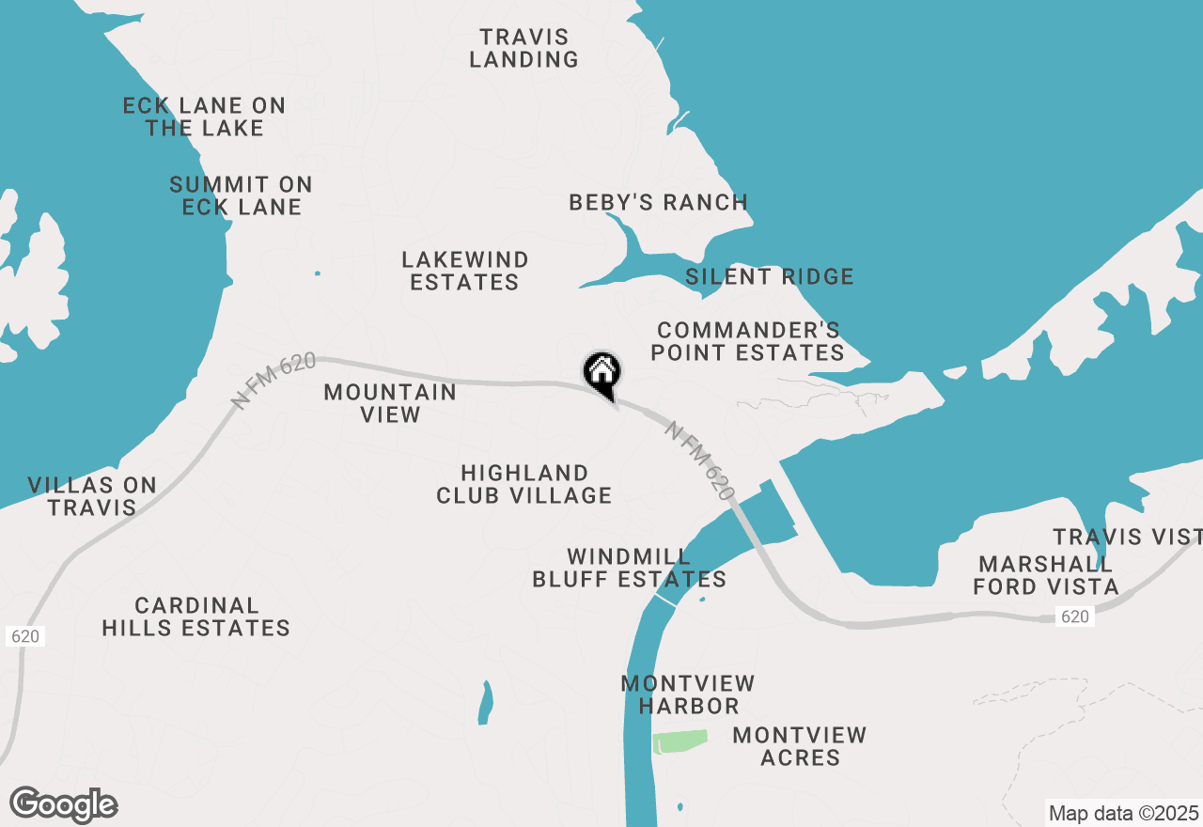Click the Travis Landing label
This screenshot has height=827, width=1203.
(523, 49)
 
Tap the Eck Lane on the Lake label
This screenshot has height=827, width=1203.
(204, 117)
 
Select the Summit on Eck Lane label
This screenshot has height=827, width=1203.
(241, 195)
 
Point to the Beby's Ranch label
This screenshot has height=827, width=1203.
(658, 202)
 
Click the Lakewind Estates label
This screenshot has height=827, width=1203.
(464, 271)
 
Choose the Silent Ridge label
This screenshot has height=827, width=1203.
(769, 276)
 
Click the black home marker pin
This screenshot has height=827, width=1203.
(601, 372)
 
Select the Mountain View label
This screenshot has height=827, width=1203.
(390, 403)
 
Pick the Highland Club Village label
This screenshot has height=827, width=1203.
(523, 484)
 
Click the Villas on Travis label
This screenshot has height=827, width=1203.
(92, 496)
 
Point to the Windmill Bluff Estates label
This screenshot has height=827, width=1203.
(629, 568)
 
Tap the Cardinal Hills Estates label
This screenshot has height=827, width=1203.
(195, 616)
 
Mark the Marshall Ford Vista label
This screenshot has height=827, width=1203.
(1045, 575)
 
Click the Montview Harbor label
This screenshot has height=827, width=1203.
(688, 694)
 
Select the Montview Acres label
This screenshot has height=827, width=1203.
(800, 746)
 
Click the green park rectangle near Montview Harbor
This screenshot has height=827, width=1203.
(680, 741)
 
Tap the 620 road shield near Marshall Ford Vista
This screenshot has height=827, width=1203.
(1074, 616)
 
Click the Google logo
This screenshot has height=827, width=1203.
(63, 805)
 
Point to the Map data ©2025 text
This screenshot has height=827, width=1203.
(1123, 813)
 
